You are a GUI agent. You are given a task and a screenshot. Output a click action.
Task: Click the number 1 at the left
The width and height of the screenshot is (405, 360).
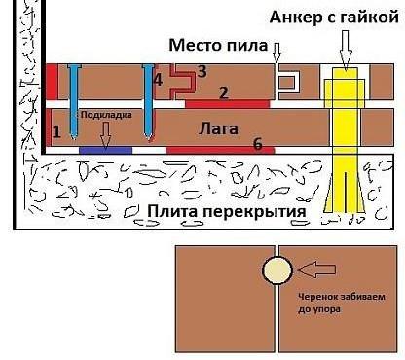point(56,130)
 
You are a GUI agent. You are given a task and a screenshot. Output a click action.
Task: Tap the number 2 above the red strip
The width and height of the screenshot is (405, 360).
point(223,92)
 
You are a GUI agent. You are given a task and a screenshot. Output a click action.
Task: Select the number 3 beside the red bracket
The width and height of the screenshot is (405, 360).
point(202,71)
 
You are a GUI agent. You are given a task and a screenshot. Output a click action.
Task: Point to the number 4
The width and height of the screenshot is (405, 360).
point(158,78)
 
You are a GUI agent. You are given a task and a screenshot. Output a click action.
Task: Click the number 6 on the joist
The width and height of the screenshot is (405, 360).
point(257,144)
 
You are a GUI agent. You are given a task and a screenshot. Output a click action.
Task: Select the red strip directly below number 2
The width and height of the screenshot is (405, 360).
point(226,102)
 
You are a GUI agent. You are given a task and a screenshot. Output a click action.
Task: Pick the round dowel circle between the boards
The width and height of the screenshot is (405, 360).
point(277,270)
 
